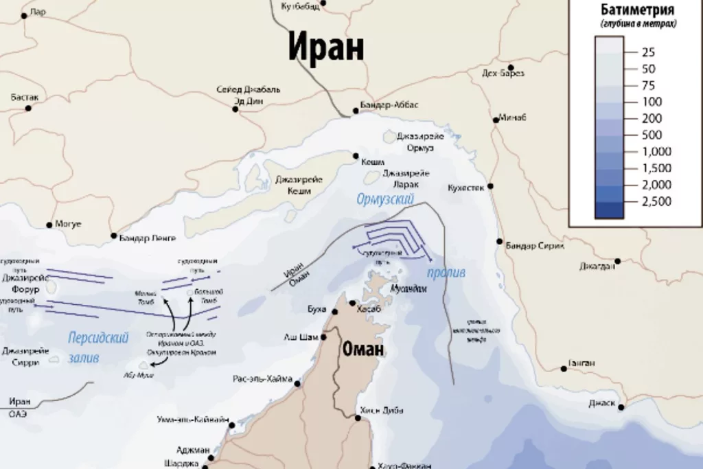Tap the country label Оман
pos(363,350)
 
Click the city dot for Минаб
pos(495,119)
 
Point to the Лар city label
pos(38,12)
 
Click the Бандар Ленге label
pos(148,238)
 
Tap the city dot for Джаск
pos(621,408)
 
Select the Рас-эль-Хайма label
pos(262,379)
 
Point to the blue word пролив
pos(446,273)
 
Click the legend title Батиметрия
pos(637,10)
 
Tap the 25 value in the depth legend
pos(648,52)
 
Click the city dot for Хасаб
pos(353,303)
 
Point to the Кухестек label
pos(466,187)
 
